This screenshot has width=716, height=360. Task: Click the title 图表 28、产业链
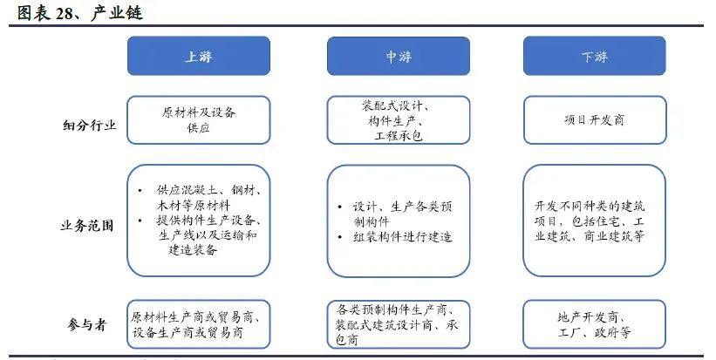80,13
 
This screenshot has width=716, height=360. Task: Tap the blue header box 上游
199,56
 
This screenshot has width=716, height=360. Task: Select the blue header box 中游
399,56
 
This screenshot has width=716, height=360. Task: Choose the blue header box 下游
595,56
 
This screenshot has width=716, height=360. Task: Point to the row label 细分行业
90,125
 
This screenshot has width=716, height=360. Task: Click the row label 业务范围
86,226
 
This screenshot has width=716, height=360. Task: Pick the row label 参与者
86,324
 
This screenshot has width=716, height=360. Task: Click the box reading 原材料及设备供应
199,120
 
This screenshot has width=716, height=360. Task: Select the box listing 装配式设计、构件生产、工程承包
399,120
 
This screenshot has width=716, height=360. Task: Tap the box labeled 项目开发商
595,120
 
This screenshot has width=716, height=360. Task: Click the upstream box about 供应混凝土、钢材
199,221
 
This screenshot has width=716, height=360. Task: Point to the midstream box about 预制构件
399,221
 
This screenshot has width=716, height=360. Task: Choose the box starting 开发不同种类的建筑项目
595,221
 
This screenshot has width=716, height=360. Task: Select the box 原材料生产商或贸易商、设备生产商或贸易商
199,324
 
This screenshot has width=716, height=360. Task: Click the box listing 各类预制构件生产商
399,324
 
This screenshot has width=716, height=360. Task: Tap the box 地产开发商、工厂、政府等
595,324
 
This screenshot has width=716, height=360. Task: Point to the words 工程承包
399,135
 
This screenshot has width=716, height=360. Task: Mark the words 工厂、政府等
595,332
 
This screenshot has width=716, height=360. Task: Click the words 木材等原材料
193,206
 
